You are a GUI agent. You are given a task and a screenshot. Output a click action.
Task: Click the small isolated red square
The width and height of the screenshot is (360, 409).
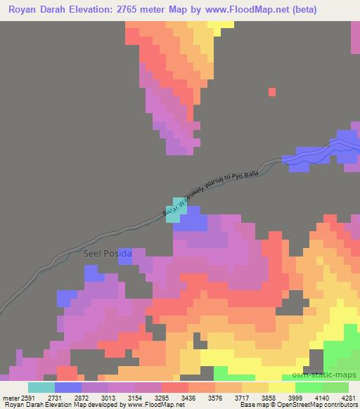271,91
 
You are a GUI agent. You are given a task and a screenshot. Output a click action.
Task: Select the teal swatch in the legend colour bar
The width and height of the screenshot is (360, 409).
41,387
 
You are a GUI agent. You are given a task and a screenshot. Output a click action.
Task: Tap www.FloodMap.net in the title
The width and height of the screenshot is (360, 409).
240,10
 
